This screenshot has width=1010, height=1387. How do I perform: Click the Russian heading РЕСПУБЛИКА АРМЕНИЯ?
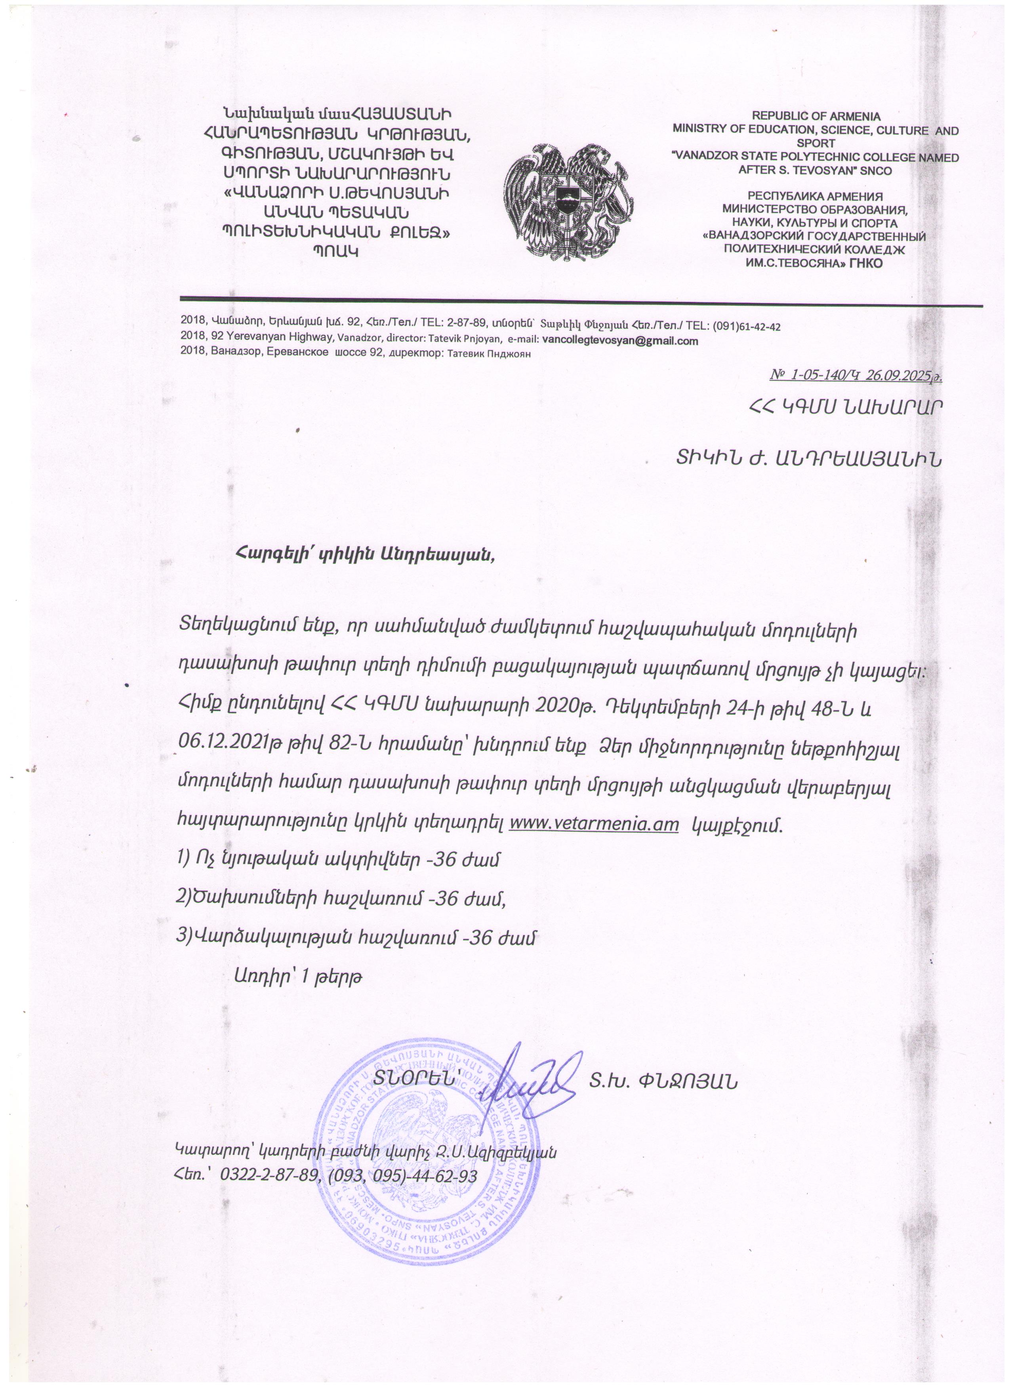(816, 197)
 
